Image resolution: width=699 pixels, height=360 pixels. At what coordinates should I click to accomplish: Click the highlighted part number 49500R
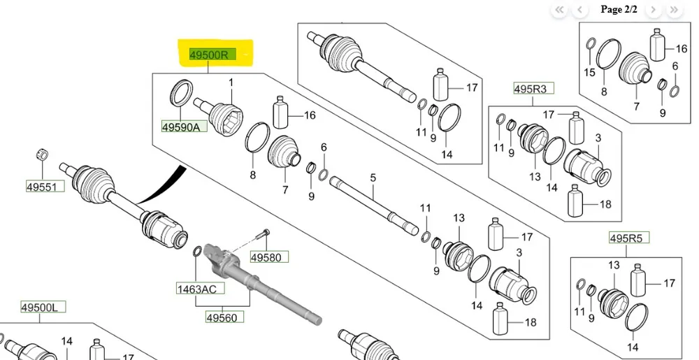(x=209, y=54)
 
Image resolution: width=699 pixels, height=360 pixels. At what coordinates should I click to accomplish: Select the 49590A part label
(x=180, y=127)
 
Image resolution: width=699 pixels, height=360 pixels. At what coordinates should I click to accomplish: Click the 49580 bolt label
(x=266, y=257)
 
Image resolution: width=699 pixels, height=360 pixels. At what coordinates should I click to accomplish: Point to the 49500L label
(x=43, y=307)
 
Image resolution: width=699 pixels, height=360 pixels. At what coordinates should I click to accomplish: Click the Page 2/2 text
(x=619, y=10)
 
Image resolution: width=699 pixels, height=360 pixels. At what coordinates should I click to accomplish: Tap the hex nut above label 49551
(x=41, y=153)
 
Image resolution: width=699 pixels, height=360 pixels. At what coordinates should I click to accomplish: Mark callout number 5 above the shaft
(x=373, y=179)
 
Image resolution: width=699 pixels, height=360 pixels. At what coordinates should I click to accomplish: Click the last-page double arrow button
(x=674, y=10)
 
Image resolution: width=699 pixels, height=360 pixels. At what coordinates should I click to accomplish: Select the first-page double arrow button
(x=560, y=10)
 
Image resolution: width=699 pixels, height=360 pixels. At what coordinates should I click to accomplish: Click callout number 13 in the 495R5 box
(x=614, y=266)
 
